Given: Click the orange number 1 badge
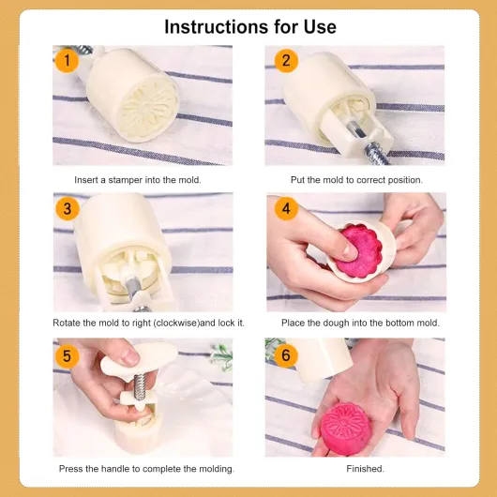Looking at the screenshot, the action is pyautogui.click(x=67, y=61).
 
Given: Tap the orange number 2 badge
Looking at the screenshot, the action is pyautogui.click(x=286, y=61).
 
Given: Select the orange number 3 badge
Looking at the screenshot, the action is pyautogui.click(x=68, y=208).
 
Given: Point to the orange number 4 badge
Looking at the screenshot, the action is pyautogui.click(x=286, y=208).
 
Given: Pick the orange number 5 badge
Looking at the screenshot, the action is pyautogui.click(x=67, y=355).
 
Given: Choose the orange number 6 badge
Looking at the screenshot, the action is pyautogui.click(x=286, y=355).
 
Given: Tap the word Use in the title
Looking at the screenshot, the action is pyautogui.click(x=320, y=26).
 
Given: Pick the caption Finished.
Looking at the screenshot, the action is pyautogui.click(x=365, y=469).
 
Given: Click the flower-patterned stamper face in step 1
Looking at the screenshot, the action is pyautogui.click(x=147, y=107).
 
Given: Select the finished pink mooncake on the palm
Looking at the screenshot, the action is pyautogui.click(x=345, y=428).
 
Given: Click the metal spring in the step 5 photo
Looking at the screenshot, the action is pyautogui.click(x=139, y=386).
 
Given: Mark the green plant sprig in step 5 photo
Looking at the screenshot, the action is pyautogui.click(x=222, y=356).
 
